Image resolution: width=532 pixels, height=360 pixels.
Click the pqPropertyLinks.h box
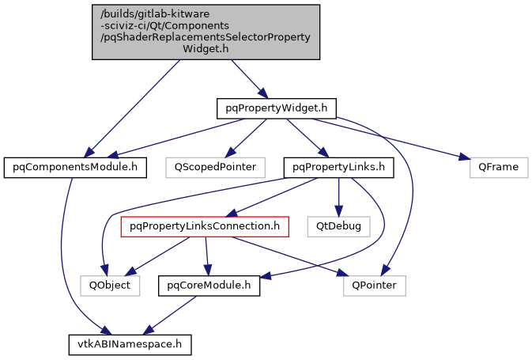[x=338, y=168]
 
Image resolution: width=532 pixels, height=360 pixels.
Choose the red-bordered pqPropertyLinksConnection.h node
[x=204, y=227]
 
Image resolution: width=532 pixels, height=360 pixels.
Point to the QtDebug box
[x=339, y=227]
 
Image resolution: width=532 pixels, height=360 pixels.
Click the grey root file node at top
[x=206, y=32]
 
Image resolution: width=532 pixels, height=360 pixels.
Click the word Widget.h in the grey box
[x=206, y=48]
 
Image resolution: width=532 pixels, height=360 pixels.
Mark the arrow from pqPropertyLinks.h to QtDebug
[x=339, y=197]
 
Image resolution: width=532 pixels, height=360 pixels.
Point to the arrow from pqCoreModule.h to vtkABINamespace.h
[x=174, y=313]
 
